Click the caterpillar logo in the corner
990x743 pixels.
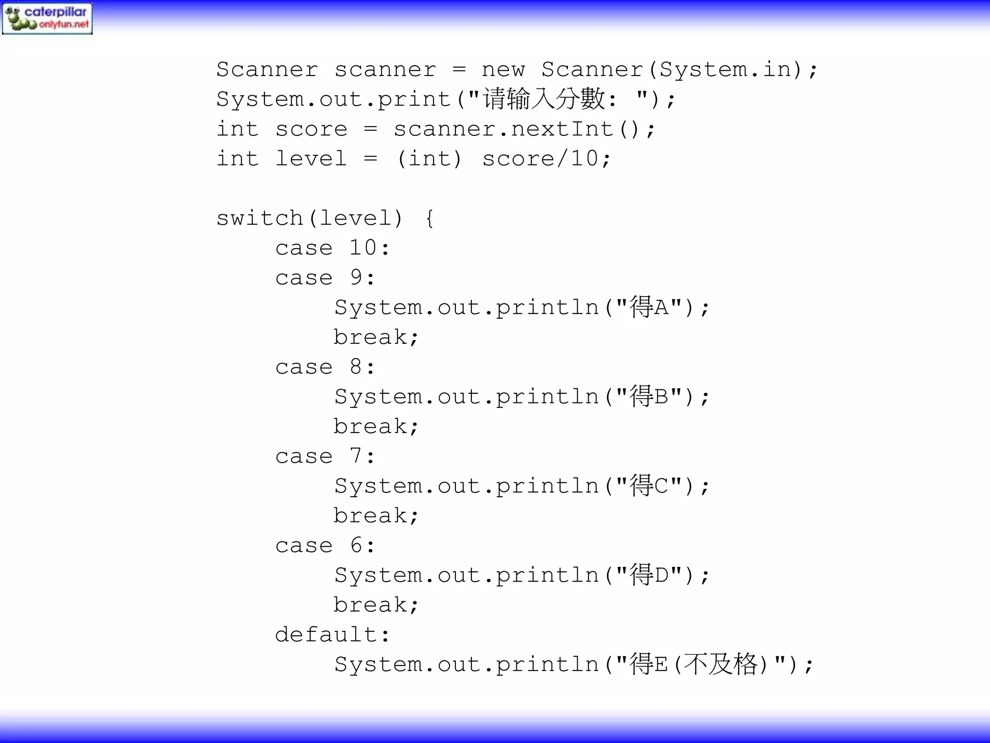[47, 18]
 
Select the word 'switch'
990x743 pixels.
[260, 219]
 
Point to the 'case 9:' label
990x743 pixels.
[325, 278]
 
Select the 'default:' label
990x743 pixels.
[332, 635]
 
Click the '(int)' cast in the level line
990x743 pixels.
[429, 159]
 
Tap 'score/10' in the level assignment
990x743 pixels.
[540, 159]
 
